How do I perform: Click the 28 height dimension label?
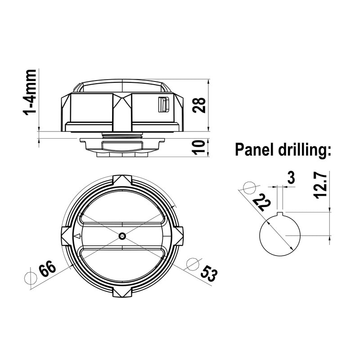(x=199, y=105)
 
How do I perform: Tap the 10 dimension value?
(x=199, y=147)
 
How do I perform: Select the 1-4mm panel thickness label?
(x=29, y=92)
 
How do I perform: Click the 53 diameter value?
(x=209, y=273)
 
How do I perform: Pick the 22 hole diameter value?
(x=262, y=202)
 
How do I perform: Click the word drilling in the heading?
(x=305, y=150)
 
